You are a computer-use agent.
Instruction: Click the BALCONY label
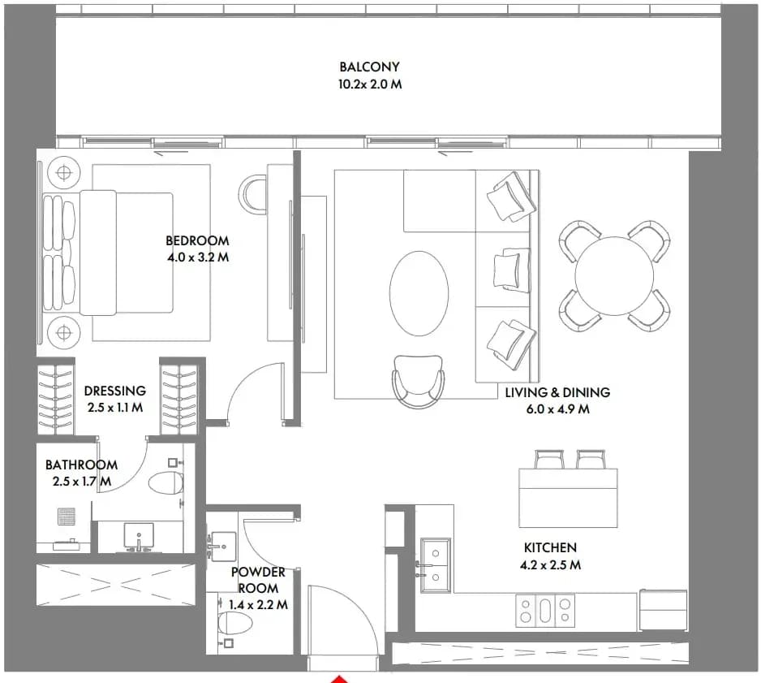click(x=369, y=67)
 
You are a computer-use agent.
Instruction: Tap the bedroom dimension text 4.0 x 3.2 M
click(x=198, y=257)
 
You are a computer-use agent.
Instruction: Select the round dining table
click(x=614, y=276)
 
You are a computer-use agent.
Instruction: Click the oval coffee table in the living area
click(x=419, y=293)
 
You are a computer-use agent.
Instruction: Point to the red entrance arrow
click(x=340, y=679)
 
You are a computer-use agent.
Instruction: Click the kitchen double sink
click(x=436, y=565)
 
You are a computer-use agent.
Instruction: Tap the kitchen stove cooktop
click(x=545, y=610)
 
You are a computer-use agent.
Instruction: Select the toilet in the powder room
click(x=235, y=623)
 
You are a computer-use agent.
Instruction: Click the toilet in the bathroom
click(x=166, y=482)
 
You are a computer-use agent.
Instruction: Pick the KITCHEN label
click(x=550, y=547)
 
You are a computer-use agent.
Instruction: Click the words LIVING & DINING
click(x=557, y=392)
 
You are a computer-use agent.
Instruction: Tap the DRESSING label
click(x=115, y=391)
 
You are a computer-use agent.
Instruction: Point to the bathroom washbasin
click(x=139, y=536)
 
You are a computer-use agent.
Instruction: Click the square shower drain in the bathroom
click(x=67, y=517)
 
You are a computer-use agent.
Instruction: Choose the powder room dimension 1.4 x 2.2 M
click(x=258, y=605)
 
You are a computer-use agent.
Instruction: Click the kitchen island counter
click(x=569, y=498)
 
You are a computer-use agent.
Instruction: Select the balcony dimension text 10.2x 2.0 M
click(x=370, y=84)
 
